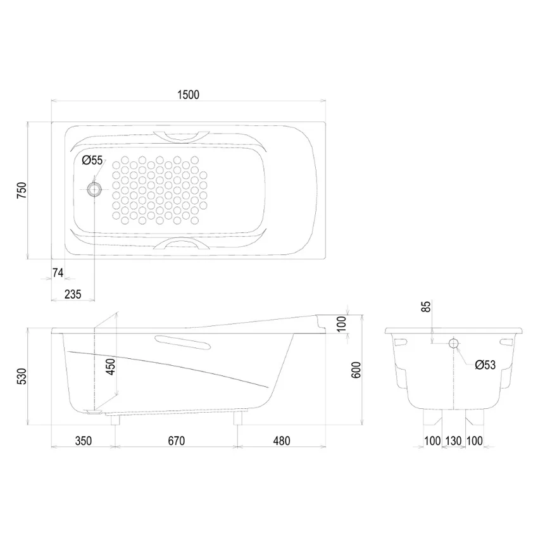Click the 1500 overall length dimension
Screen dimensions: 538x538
point(188,94)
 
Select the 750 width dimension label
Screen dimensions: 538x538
point(22,191)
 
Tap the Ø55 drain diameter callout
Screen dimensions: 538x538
point(92,160)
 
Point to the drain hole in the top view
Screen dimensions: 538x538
point(94,189)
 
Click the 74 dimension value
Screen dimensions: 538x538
point(58,272)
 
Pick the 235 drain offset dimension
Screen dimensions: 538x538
point(73,294)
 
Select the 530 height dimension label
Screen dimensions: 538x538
point(22,376)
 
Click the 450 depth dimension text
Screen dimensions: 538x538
point(111,366)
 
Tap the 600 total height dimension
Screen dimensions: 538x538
point(356,370)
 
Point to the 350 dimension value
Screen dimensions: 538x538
point(84,441)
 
